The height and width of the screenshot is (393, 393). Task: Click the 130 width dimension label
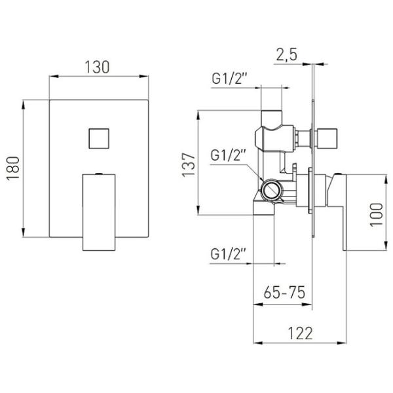pos(97,67)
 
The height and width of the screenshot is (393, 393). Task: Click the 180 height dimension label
pos(13,168)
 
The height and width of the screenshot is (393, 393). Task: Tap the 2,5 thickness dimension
pos(287,54)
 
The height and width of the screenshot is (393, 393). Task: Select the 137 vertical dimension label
pos(189,165)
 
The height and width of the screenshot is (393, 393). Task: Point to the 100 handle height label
pos(377,215)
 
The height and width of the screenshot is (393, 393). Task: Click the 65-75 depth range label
pos(284,292)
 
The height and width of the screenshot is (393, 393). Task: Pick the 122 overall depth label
pos(300,333)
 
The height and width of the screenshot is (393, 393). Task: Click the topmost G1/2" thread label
pos(228,79)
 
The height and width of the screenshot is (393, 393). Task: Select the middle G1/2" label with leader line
pos(227,155)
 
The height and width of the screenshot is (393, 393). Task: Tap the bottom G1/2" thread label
pos(227,254)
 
